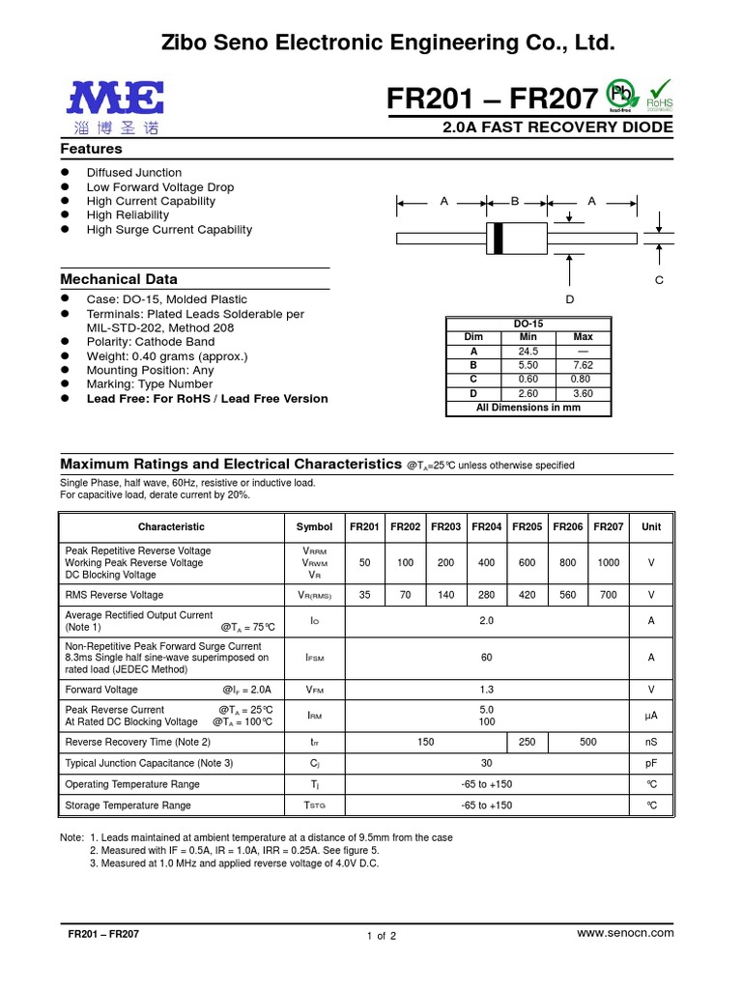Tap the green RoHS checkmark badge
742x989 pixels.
[660, 95]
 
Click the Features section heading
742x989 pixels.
[92, 150]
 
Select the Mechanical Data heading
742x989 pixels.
[119, 279]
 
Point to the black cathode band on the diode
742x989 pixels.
[498, 238]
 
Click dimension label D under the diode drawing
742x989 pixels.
[570, 299]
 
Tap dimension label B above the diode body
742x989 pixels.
[515, 201]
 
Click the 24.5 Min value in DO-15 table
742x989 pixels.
[528, 352]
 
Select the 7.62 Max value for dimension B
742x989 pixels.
[584, 366]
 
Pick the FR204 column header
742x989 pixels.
[486, 527]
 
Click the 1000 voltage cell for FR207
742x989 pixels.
[608, 562]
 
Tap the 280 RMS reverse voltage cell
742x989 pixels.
[486, 596]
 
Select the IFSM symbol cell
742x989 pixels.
[314, 658]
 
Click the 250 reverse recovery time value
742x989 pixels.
[527, 742]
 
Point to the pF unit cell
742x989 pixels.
[651, 763]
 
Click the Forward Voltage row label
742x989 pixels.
[101, 690]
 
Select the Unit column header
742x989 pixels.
[651, 527]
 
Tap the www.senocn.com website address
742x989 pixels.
[624, 933]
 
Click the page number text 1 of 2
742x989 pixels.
[382, 936]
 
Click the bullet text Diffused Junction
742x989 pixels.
[134, 173]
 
